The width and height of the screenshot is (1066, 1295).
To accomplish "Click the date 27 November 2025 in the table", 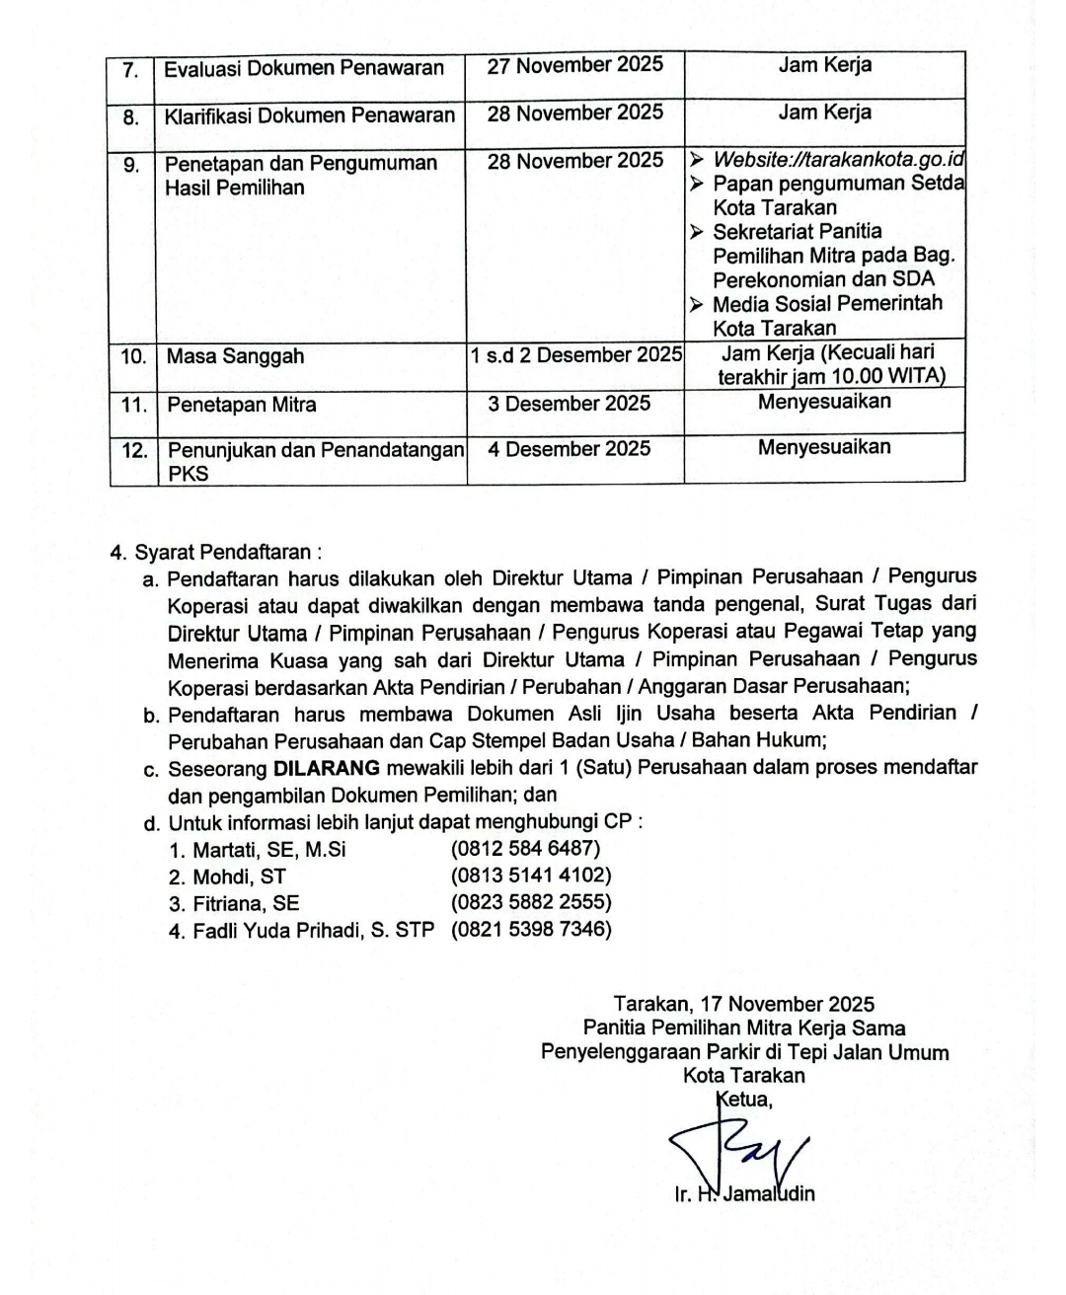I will (575, 65).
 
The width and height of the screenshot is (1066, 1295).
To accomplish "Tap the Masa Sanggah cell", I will (235, 356).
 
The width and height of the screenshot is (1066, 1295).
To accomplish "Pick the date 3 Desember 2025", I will (570, 403).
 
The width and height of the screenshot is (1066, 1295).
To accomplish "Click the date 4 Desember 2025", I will (570, 449).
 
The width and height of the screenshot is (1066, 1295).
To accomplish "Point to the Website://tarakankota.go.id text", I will (838, 159).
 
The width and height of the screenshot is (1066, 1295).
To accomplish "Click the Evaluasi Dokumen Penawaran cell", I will (304, 68).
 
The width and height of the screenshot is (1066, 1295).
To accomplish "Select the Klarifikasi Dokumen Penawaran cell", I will (310, 115).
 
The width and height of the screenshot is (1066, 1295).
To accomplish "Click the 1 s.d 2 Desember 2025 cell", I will (576, 354).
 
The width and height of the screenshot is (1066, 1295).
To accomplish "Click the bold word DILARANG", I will (327, 768).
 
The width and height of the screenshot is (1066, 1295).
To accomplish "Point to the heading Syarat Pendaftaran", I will (228, 552).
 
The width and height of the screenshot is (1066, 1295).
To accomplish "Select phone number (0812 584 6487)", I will (525, 848).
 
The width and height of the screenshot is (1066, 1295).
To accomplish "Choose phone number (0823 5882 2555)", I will (531, 902).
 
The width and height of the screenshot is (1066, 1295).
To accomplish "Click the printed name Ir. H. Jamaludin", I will (745, 1194).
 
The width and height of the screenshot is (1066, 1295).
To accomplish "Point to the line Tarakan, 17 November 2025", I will (744, 1004).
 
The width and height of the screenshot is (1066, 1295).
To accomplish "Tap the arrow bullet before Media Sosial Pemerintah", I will (697, 305).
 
